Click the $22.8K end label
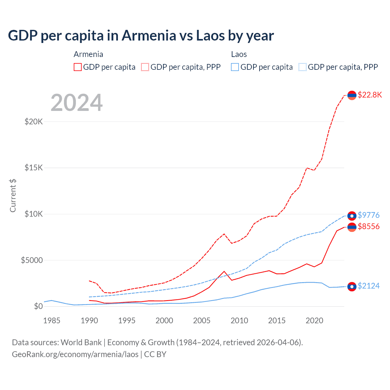tap(370, 95)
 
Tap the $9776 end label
tap(368, 215)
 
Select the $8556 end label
tap(368, 226)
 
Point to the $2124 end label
tap(368, 286)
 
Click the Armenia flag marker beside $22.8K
tap(352, 95)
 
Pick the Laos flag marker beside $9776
tap(352, 216)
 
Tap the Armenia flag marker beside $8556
tap(352, 227)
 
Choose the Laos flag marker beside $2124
tap(352, 286)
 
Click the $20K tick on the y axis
tap(34, 122)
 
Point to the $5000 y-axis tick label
tap(32, 260)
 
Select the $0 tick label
tap(38, 306)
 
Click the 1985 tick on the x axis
tap(52, 321)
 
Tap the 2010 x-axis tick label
tap(239, 321)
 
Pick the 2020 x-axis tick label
tap(314, 321)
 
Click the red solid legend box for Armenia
tap(78, 67)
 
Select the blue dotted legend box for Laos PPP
tap(303, 67)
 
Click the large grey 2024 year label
tap(76, 103)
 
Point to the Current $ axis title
tap(13, 196)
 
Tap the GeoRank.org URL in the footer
tap(75, 354)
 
